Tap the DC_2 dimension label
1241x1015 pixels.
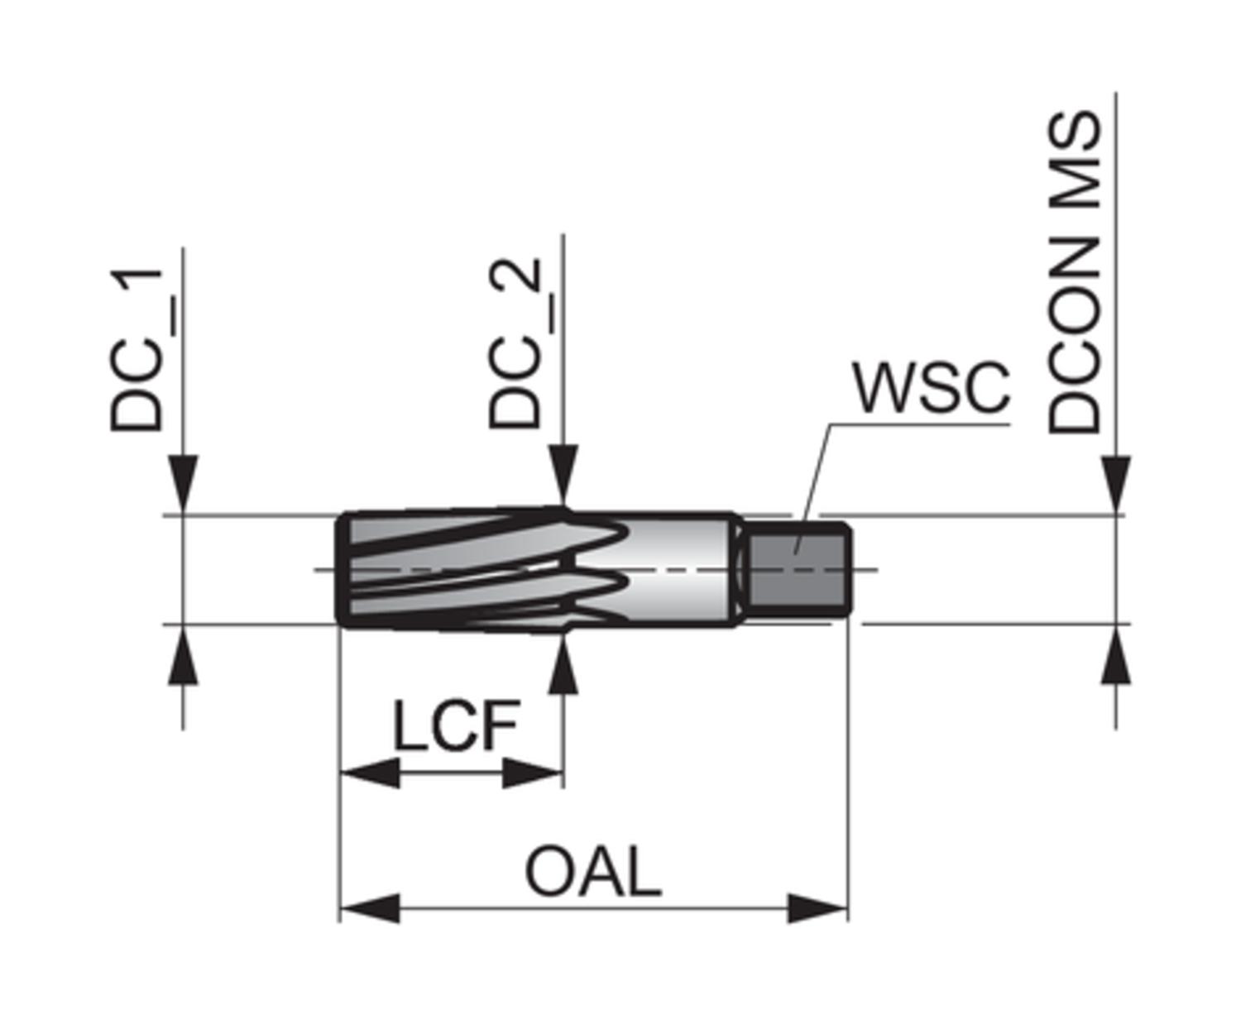(x=515, y=344)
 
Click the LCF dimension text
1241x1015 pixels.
(x=456, y=726)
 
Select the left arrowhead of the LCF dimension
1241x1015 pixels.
(x=370, y=774)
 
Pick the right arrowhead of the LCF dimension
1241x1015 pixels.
(x=533, y=774)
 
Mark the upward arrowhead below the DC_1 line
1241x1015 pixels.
(x=182, y=655)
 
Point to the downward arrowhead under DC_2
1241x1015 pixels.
(x=563, y=476)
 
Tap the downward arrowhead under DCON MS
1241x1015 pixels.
(x=1116, y=485)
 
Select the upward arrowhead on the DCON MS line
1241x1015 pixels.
(x=1116, y=655)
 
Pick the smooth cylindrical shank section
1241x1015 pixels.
(x=677, y=570)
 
